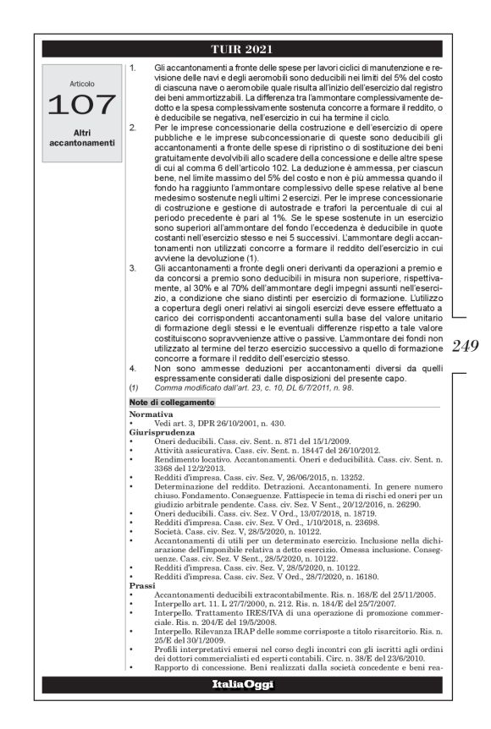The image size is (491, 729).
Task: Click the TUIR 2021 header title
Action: [245, 49]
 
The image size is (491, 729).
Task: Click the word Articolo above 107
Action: [82, 84]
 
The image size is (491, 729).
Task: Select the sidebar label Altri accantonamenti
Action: [82, 137]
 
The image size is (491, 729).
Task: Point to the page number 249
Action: [466, 344]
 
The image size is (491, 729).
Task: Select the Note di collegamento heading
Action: [166, 402]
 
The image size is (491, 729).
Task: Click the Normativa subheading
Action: [151, 415]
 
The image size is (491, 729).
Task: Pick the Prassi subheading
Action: [142, 608]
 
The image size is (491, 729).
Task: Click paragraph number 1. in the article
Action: [134, 66]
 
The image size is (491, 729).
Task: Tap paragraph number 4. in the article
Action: [134, 369]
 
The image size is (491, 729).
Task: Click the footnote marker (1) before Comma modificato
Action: [134, 386]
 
